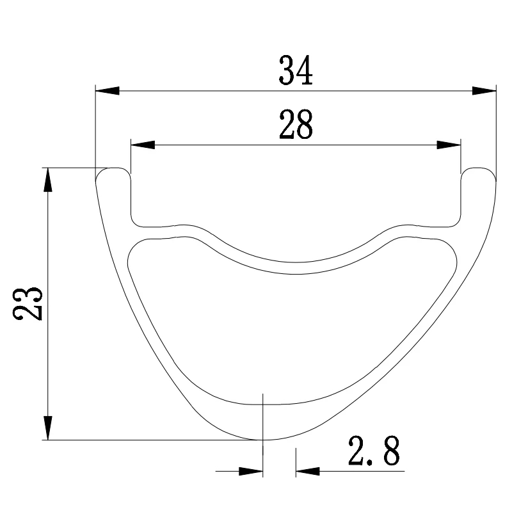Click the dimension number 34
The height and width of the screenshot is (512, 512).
click(x=296, y=70)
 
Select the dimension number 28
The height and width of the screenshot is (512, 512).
click(x=296, y=124)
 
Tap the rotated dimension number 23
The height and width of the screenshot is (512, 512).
click(x=28, y=303)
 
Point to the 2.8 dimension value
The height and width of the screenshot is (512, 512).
click(x=374, y=451)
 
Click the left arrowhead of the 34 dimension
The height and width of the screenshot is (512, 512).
click(x=108, y=91)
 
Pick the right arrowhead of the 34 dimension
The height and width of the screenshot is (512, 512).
click(x=484, y=91)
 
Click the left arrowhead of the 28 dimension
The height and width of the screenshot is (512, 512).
click(x=143, y=145)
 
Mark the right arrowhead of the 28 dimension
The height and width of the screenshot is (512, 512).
click(x=449, y=145)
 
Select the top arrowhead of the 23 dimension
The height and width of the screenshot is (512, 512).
click(x=48, y=180)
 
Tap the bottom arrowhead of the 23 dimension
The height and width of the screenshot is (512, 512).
click(x=48, y=428)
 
